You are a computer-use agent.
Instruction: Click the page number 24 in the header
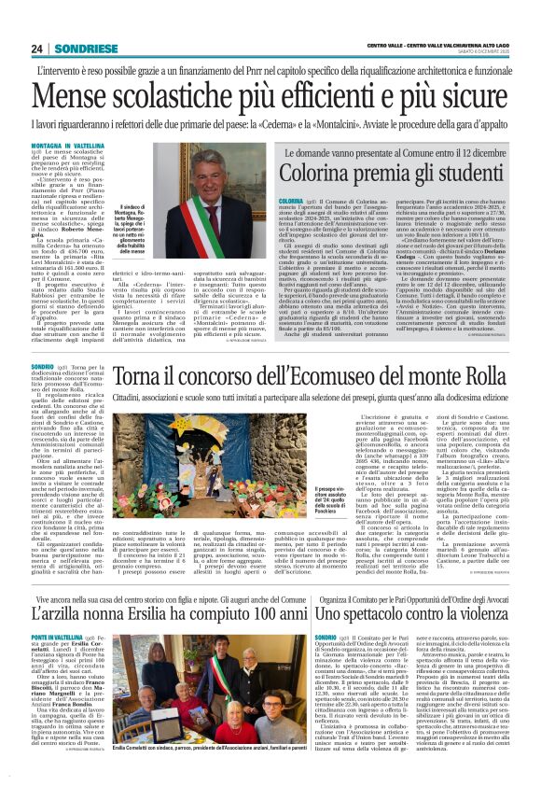(37, 49)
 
